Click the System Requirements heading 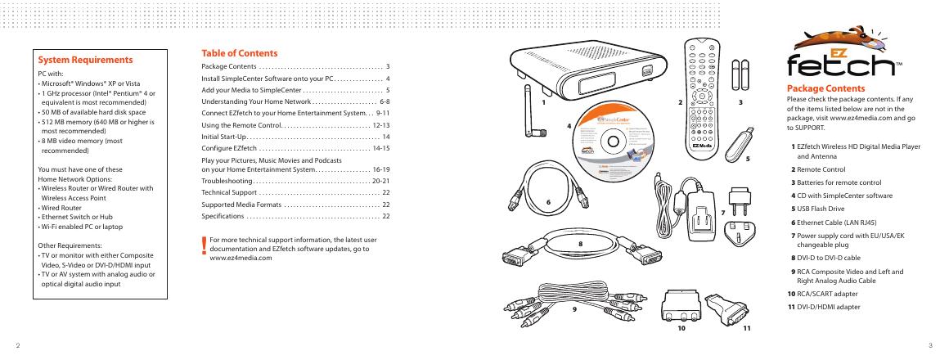[x=86, y=61]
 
